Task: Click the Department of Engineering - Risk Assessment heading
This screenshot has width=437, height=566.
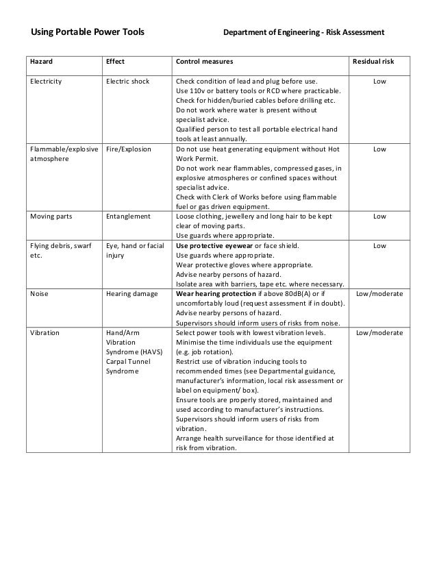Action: [x=304, y=32]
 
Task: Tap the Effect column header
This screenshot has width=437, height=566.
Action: [x=115, y=62]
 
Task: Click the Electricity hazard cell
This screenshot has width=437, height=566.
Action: [x=46, y=82]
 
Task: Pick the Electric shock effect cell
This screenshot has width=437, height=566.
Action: [x=127, y=82]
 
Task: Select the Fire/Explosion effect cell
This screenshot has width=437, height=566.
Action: [x=129, y=149]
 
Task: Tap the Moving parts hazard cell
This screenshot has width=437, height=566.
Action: [x=50, y=216]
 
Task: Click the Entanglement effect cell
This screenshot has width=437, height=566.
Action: [x=128, y=216]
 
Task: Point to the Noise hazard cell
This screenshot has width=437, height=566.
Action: [x=39, y=293]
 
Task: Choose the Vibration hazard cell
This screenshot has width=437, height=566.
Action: [x=45, y=332]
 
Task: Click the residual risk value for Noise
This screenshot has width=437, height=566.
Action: [x=379, y=293]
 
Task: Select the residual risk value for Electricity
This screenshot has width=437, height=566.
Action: [x=379, y=82]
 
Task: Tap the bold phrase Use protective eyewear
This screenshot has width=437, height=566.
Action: [x=214, y=245]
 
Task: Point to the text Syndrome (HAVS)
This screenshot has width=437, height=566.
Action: [x=134, y=352]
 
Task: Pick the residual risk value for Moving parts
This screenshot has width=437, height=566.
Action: [x=379, y=216]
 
